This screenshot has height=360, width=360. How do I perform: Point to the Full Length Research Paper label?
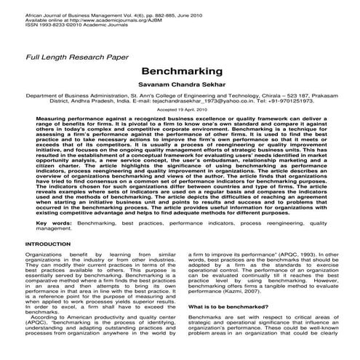click(x=71, y=57)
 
